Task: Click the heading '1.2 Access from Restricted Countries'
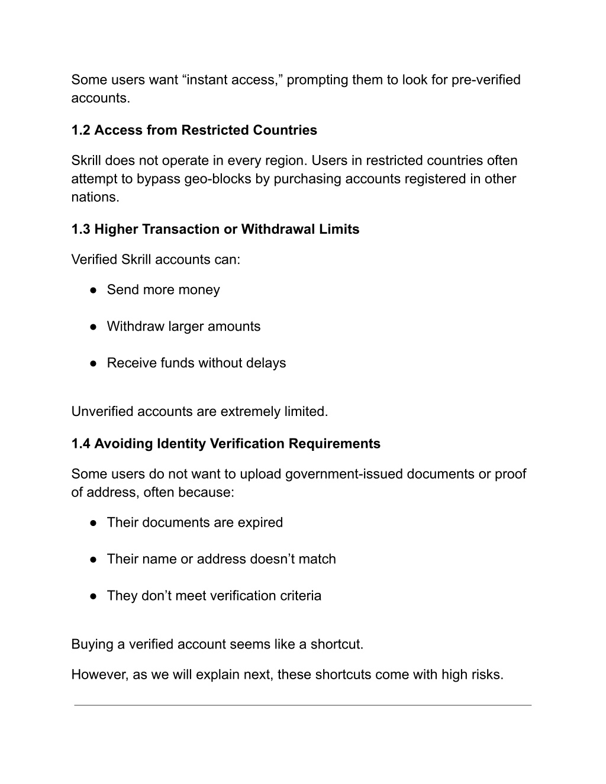pyautogui.click(x=194, y=130)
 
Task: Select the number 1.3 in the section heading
pyautogui.click(x=80, y=229)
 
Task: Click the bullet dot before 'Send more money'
pyautogui.click(x=94, y=290)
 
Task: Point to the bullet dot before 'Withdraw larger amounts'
pyautogui.click(x=94, y=327)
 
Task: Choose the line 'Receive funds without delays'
pyautogui.click(x=196, y=363)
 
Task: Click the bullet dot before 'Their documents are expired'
pyautogui.click(x=94, y=523)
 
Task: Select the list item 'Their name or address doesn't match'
pyautogui.click(x=221, y=559)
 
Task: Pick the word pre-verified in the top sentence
pyautogui.click(x=486, y=80)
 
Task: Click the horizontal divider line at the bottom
pyautogui.click(x=302, y=705)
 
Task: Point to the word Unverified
pyautogui.click(x=102, y=411)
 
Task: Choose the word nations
pyautogui.click(x=95, y=197)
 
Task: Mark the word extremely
pyautogui.click(x=247, y=411)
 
